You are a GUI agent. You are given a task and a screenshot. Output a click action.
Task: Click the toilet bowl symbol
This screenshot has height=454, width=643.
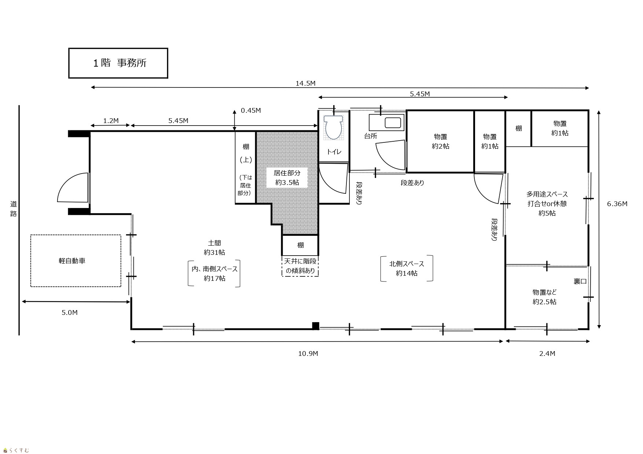(x=334, y=127)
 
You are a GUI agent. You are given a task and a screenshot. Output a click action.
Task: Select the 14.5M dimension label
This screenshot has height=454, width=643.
(x=305, y=83)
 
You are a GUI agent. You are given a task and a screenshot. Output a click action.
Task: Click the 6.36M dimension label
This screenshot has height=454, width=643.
(x=617, y=204)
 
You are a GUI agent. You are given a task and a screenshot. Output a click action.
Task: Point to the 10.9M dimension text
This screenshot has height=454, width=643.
(x=308, y=353)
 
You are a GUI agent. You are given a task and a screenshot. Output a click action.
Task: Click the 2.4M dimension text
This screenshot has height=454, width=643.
(x=547, y=353)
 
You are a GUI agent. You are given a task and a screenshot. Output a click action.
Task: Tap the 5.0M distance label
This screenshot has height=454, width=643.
(x=70, y=312)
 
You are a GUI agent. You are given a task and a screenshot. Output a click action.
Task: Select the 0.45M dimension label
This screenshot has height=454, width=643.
(x=251, y=110)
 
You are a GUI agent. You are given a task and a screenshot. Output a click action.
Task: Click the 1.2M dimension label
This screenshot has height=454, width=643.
(x=111, y=120)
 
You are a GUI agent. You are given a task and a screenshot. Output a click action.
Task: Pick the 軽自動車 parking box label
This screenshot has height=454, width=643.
(x=72, y=261)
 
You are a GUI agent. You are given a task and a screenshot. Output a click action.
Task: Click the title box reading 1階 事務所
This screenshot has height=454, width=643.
(x=118, y=63)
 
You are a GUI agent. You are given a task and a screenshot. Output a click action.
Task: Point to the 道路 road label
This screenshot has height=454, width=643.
(x=14, y=209)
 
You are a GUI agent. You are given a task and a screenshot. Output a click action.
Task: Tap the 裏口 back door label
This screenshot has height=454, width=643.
(x=580, y=281)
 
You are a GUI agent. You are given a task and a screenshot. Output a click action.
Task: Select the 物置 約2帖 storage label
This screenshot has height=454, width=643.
(x=441, y=141)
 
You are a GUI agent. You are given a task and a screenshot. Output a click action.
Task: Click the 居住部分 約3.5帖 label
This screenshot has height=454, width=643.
(x=287, y=178)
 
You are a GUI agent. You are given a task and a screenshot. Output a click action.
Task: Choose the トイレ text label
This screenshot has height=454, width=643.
(x=334, y=152)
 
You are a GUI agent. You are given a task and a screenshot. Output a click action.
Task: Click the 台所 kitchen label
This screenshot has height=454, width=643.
(x=370, y=136)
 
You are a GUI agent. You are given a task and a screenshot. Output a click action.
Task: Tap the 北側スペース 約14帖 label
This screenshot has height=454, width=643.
(x=407, y=268)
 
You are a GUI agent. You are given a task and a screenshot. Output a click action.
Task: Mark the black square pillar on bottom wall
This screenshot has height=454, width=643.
(x=316, y=325)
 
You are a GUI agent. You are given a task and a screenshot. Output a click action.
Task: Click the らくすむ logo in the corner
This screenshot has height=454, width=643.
(x=16, y=450)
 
